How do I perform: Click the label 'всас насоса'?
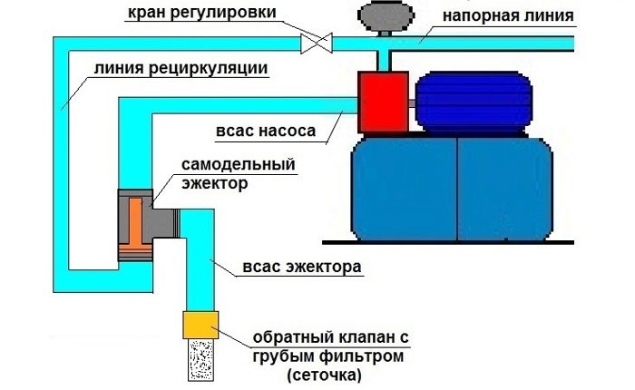click(270, 132)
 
